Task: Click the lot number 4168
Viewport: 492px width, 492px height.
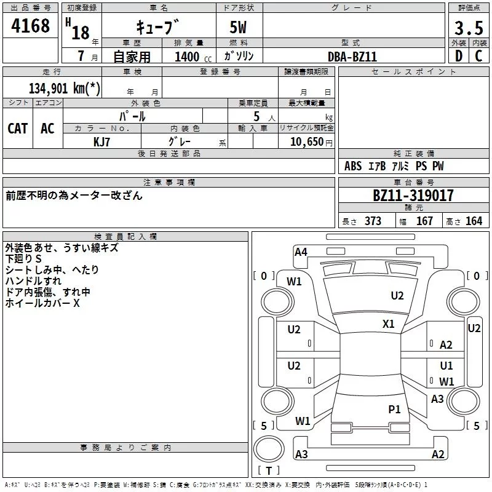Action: tap(30, 25)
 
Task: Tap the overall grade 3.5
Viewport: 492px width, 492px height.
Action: tap(469, 28)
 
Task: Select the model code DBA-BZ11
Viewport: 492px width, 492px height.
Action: tap(352, 57)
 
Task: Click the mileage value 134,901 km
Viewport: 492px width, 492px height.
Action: tap(65, 88)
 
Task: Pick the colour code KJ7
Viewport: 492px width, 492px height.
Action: tap(101, 142)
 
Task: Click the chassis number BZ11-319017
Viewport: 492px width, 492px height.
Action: tap(413, 195)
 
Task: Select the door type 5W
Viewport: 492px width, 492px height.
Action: tap(238, 27)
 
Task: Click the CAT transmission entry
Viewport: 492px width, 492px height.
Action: tap(18, 129)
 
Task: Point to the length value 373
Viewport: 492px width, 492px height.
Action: tap(373, 221)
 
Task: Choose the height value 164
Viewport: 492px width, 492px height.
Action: tap(474, 221)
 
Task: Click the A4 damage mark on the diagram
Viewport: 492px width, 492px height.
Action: tap(301, 252)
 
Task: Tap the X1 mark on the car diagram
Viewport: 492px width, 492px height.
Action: tap(389, 323)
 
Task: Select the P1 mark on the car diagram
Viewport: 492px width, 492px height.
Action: tap(394, 409)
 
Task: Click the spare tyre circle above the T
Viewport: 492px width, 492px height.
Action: tap(269, 449)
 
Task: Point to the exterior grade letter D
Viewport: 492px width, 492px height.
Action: tap(459, 56)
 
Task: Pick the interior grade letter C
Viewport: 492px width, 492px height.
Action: tap(479, 56)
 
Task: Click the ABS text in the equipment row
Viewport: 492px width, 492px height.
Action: tap(353, 165)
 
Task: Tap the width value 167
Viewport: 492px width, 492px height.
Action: tap(424, 221)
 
